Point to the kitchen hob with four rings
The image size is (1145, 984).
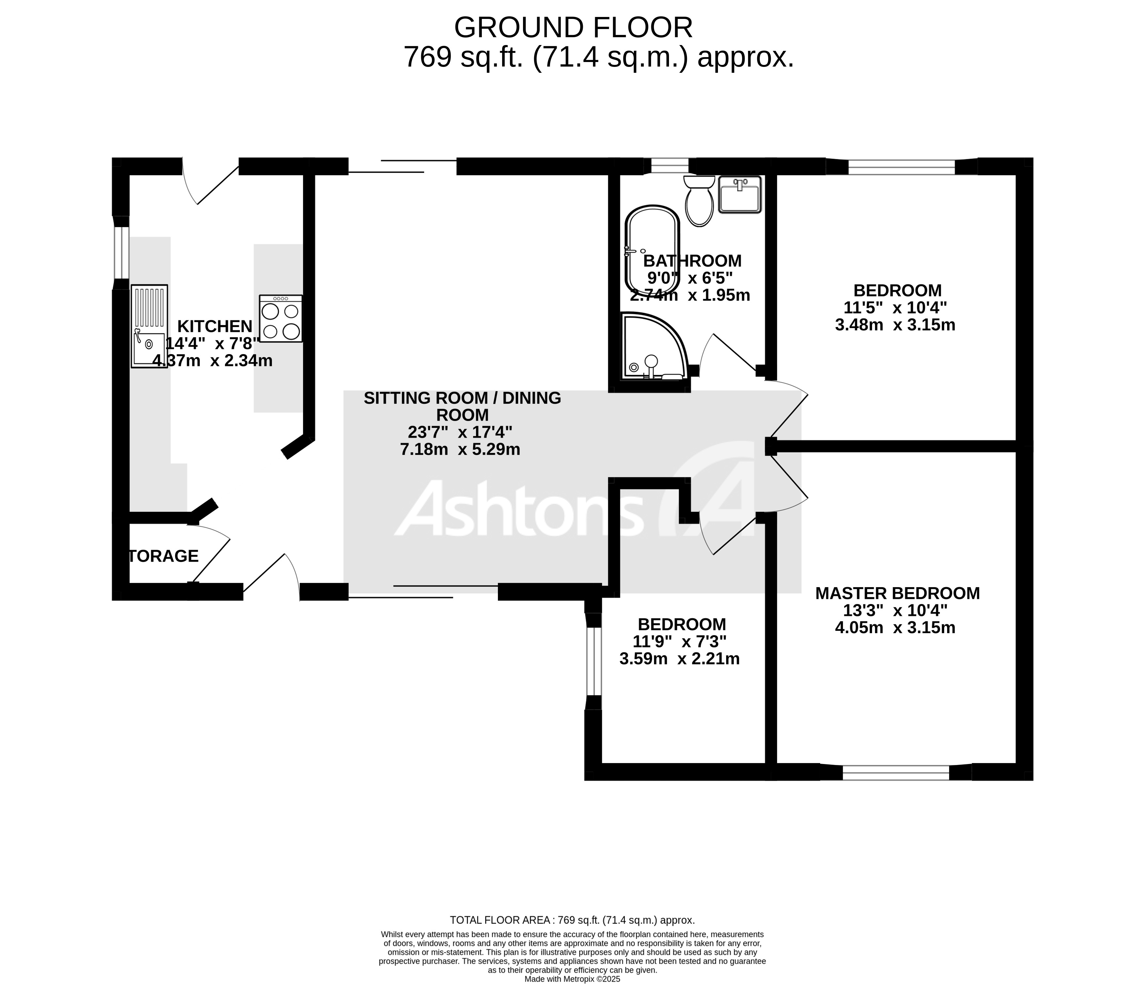coord(281,319)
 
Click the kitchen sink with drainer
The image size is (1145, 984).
coord(149,326)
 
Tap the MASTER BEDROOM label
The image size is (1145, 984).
coord(898,593)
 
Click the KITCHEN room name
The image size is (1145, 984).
coord(215,326)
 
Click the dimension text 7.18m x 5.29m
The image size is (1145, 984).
coord(460,449)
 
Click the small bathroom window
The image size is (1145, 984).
coord(669,166)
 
